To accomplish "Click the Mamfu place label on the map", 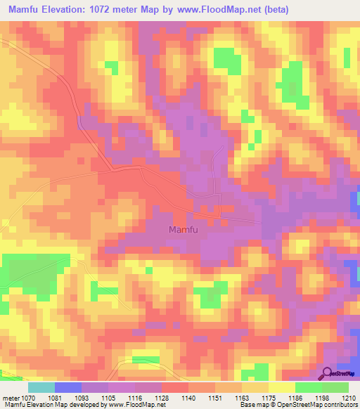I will click(184, 230).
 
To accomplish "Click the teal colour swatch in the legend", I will click(41, 387).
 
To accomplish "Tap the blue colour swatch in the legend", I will click(67, 387).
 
